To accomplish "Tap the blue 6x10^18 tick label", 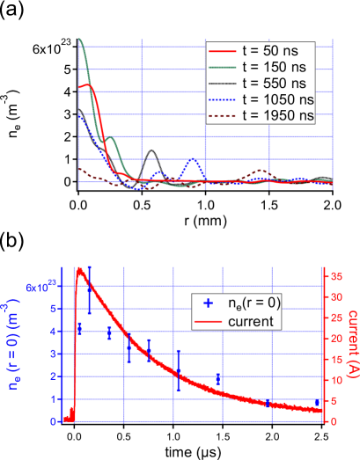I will (43, 287).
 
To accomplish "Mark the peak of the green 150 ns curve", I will (81, 40).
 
